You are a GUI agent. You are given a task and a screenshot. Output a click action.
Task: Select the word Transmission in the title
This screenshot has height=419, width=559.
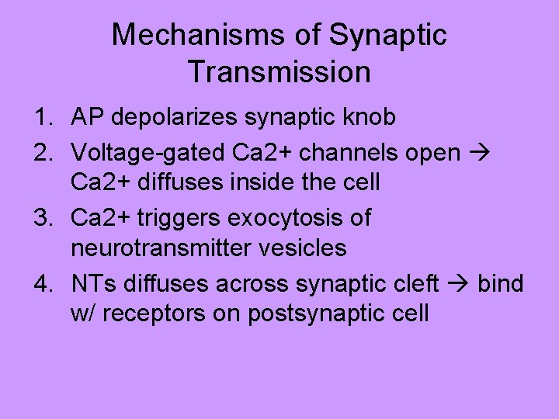(279, 72)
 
